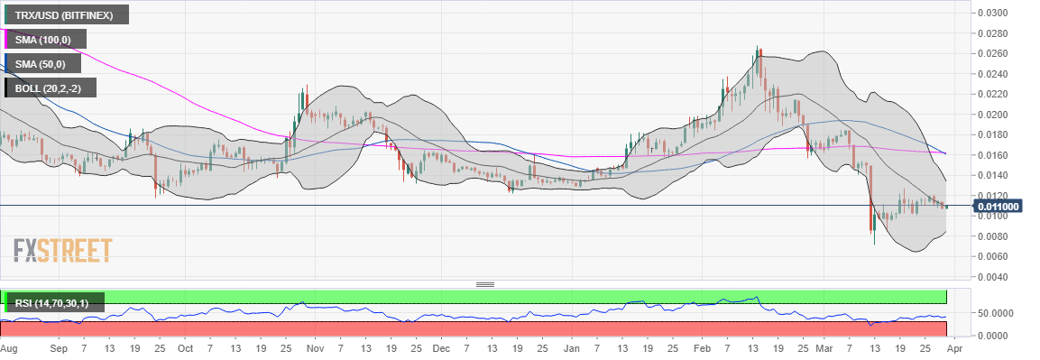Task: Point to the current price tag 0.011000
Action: [x=999, y=206]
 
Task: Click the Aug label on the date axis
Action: [x=9, y=347]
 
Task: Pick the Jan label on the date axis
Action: [x=572, y=347]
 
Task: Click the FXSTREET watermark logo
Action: [x=62, y=250]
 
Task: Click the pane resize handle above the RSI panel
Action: [x=485, y=284]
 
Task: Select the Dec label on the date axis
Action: [x=441, y=347]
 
